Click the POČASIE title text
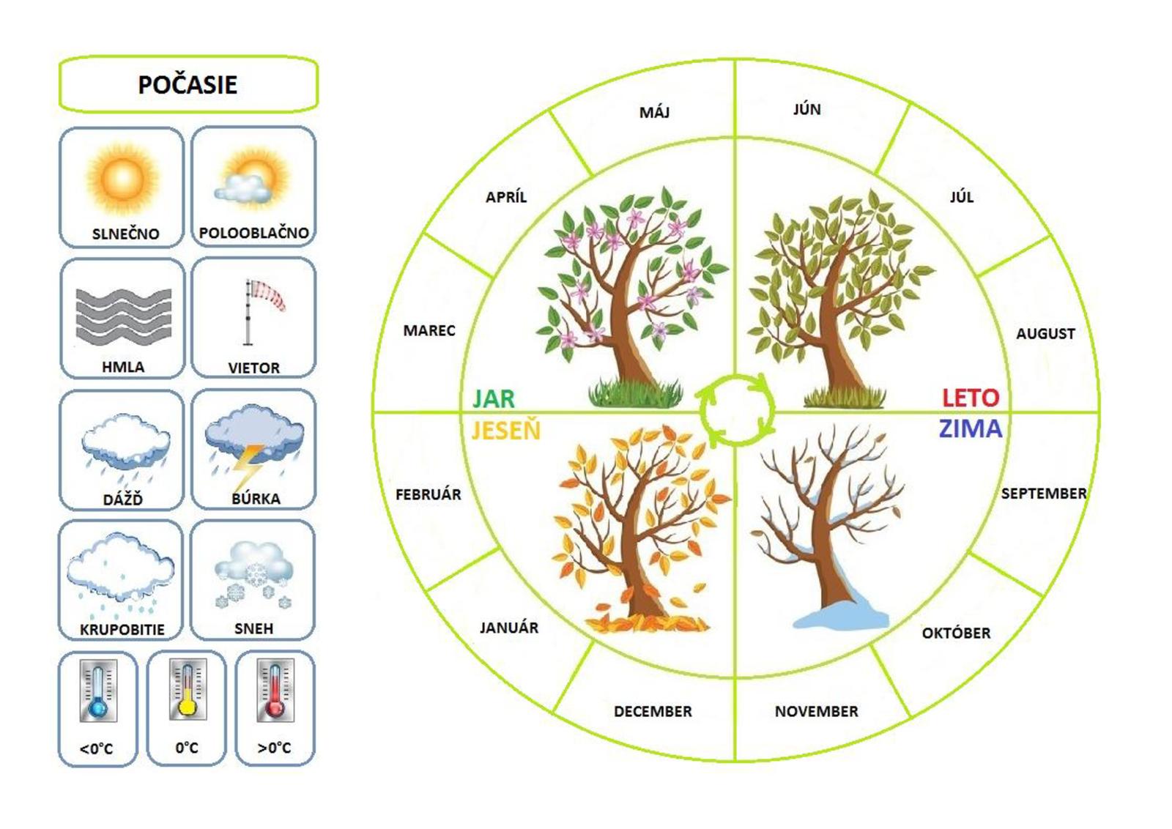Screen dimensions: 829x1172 pos(188,85)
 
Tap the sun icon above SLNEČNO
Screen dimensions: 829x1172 pos(122,178)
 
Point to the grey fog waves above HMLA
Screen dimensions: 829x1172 pos(123,316)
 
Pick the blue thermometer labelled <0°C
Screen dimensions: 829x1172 pos(97,691)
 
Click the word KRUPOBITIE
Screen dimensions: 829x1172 pos(122,629)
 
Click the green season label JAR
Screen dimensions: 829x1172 pos(494,398)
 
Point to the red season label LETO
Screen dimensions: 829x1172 pos(971,398)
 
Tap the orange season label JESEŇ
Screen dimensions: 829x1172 pos(505,431)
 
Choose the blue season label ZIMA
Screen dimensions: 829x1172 pos(971,428)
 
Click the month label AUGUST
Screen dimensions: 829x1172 pos(1045,334)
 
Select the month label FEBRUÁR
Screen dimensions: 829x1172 pos(429,494)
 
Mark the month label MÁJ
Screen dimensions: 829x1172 pos(654,112)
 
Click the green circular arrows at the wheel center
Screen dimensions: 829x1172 pos(736,410)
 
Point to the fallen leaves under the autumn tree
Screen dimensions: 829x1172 pos(645,622)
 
